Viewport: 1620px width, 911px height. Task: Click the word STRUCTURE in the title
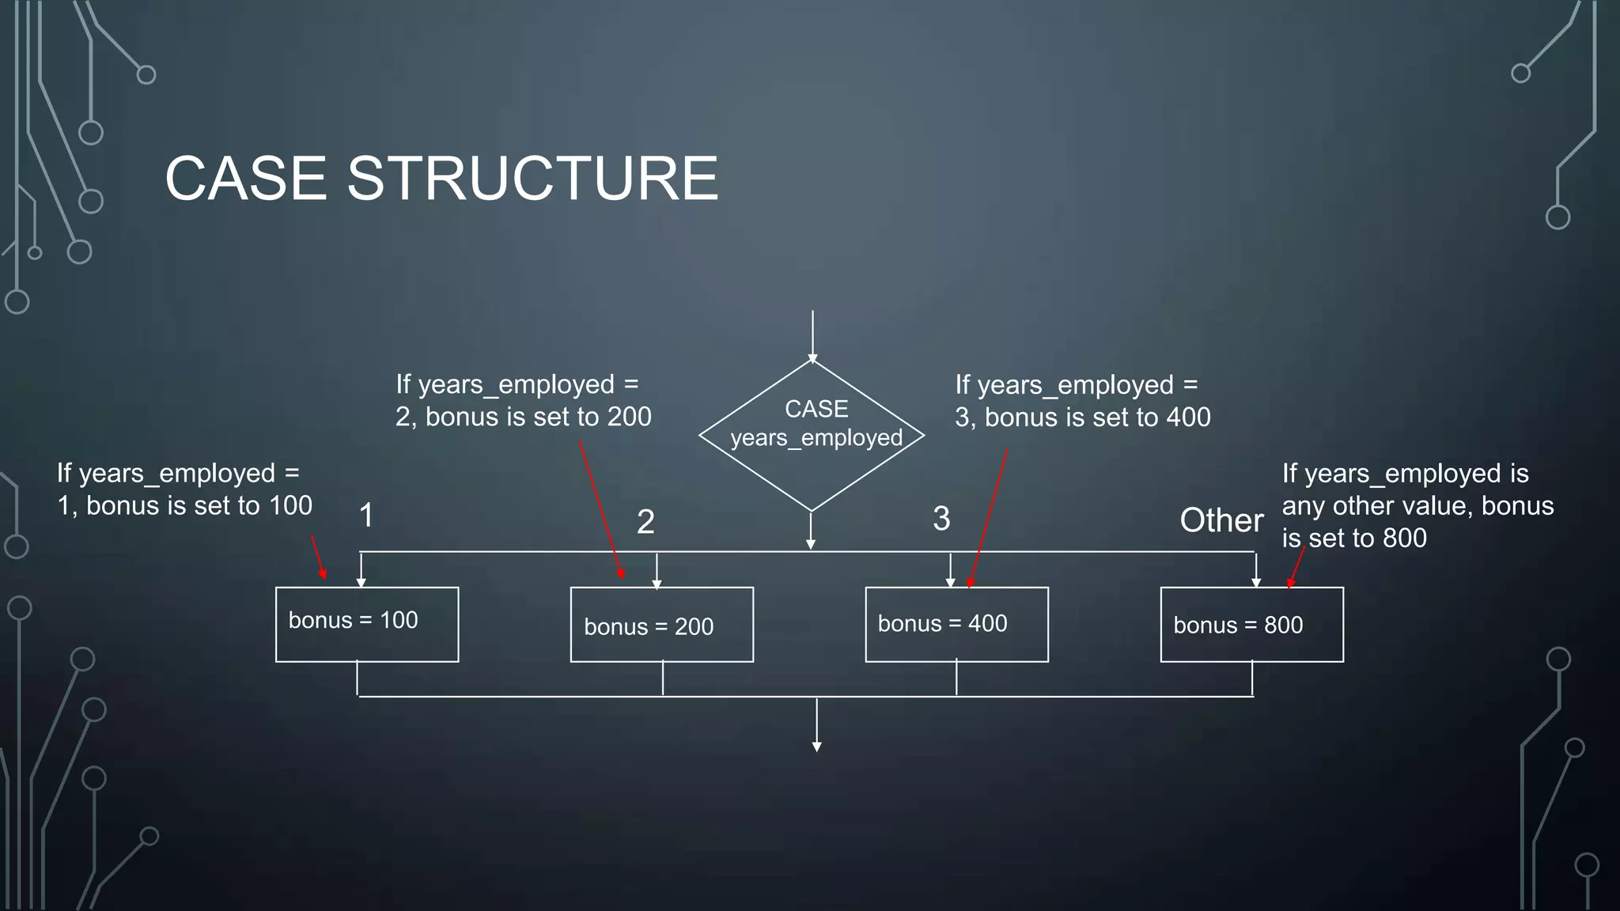pyautogui.click(x=532, y=179)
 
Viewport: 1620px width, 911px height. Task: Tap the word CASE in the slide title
pyautogui.click(x=245, y=179)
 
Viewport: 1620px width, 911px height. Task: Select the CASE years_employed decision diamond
pyautogui.click(x=812, y=435)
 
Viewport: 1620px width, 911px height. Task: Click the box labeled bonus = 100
pyautogui.click(x=367, y=624)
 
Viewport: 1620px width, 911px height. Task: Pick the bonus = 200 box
pyautogui.click(x=661, y=625)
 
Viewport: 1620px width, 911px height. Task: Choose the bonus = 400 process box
pyautogui.click(x=956, y=624)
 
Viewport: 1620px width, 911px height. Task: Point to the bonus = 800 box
pyautogui.click(x=1251, y=624)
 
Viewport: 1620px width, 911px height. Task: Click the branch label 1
pyautogui.click(x=366, y=516)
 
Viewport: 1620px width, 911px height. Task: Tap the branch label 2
pyautogui.click(x=645, y=522)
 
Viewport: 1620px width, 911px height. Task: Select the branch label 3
pyautogui.click(x=941, y=519)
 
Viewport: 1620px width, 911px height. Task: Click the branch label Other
pyautogui.click(x=1221, y=520)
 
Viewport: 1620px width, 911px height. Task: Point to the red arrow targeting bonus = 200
pyautogui.click(x=601, y=510)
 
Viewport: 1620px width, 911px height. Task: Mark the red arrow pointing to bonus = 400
pyautogui.click(x=988, y=518)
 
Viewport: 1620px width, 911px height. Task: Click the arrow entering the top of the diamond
pyautogui.click(x=812, y=336)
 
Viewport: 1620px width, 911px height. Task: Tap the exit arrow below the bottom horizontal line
pyautogui.click(x=816, y=724)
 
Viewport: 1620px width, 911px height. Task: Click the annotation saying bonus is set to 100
pyautogui.click(x=184, y=490)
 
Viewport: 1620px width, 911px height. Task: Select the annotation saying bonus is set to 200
pyautogui.click(x=523, y=401)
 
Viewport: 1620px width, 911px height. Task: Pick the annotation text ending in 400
pyautogui.click(x=1082, y=402)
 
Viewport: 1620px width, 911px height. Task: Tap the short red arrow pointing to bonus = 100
pyautogui.click(x=319, y=557)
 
